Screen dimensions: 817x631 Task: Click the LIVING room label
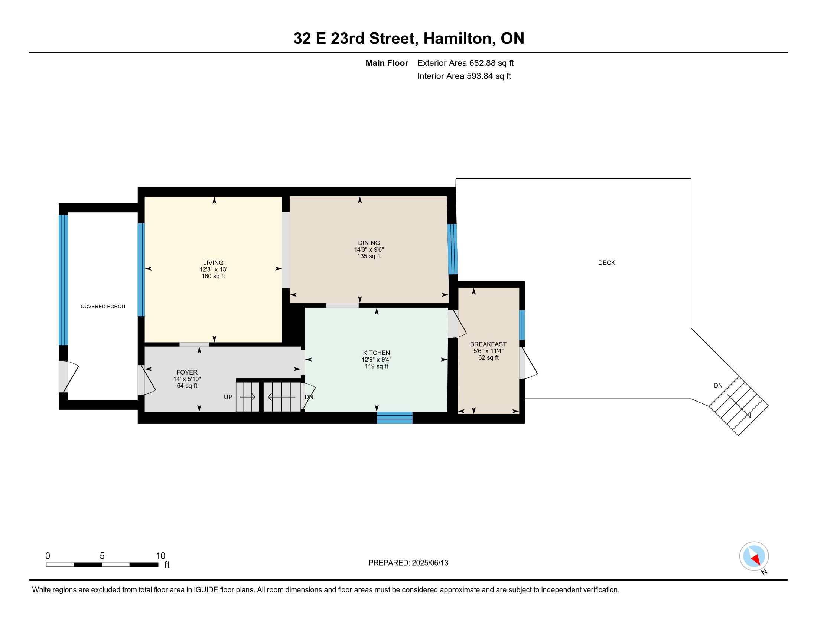(x=213, y=263)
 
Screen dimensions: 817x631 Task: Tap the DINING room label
(x=369, y=243)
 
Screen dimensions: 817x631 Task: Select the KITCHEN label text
(x=376, y=353)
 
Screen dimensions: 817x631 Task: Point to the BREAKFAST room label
(x=488, y=344)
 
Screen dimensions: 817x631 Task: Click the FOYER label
(x=187, y=372)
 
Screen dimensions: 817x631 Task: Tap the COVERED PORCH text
(x=103, y=307)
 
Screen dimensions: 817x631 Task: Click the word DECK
(x=606, y=263)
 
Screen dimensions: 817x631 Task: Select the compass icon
(x=754, y=556)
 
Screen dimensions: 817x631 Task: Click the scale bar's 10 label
(x=160, y=556)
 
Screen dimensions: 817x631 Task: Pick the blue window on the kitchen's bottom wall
(x=395, y=418)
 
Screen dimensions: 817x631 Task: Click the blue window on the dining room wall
(x=452, y=249)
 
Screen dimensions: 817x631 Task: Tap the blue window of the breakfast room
(x=522, y=324)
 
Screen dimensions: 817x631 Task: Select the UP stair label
(x=228, y=397)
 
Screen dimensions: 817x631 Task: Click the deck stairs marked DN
(x=738, y=406)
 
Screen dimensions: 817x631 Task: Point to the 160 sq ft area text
(x=213, y=276)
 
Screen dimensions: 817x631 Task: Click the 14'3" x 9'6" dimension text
(x=369, y=250)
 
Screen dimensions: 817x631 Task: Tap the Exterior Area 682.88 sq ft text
(x=465, y=63)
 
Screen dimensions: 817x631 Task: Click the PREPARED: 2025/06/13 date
(x=408, y=563)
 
